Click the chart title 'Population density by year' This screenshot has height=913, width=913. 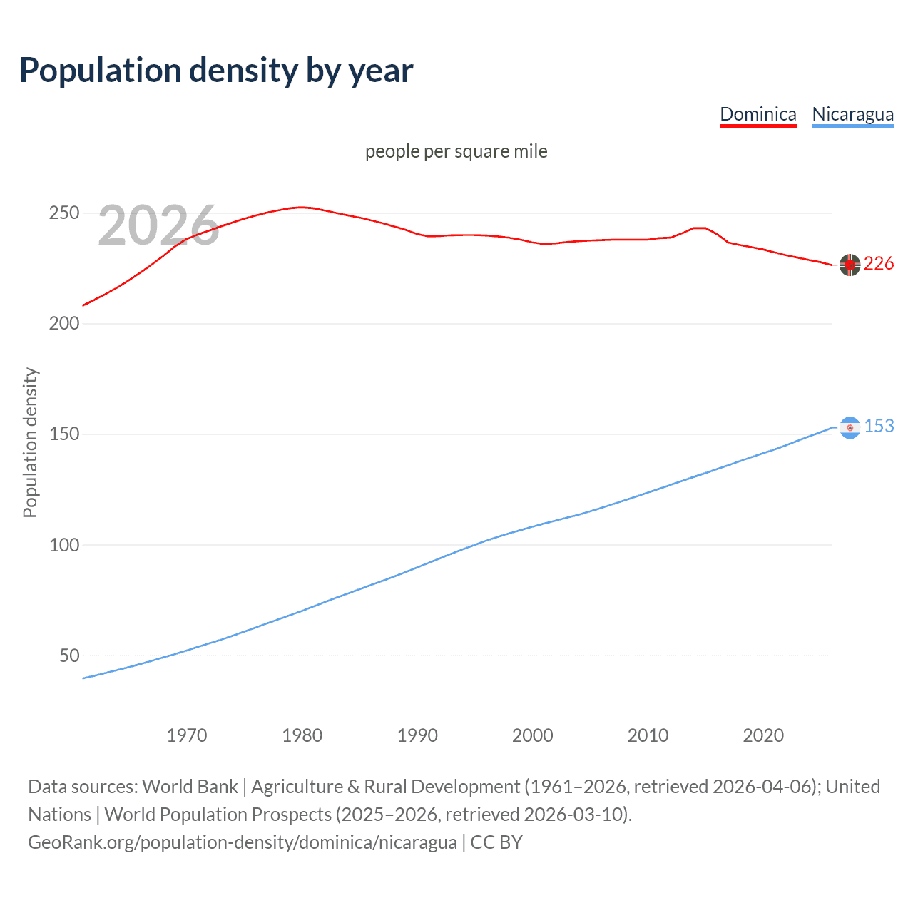216,70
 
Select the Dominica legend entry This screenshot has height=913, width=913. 758,114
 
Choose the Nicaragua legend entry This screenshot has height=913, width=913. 852,114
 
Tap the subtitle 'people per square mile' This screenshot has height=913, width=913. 456,151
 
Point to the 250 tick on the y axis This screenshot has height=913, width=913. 64,213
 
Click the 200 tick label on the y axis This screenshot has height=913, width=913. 64,324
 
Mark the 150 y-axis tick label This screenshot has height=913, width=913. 64,434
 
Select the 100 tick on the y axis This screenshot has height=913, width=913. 64,545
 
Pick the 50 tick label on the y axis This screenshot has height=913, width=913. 69,656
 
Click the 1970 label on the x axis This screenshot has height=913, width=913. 187,735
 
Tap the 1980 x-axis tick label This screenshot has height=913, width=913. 302,735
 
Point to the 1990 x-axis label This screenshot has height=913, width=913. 417,735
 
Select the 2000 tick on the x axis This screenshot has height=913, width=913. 533,735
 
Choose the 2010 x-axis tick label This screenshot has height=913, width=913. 648,735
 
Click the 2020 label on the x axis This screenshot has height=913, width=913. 763,735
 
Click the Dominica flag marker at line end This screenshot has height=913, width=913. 850,265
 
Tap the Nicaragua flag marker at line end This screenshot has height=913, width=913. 850,427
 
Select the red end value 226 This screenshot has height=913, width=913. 879,264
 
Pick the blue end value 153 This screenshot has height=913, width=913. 879,426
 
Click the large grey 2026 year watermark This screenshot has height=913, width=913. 158,225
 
